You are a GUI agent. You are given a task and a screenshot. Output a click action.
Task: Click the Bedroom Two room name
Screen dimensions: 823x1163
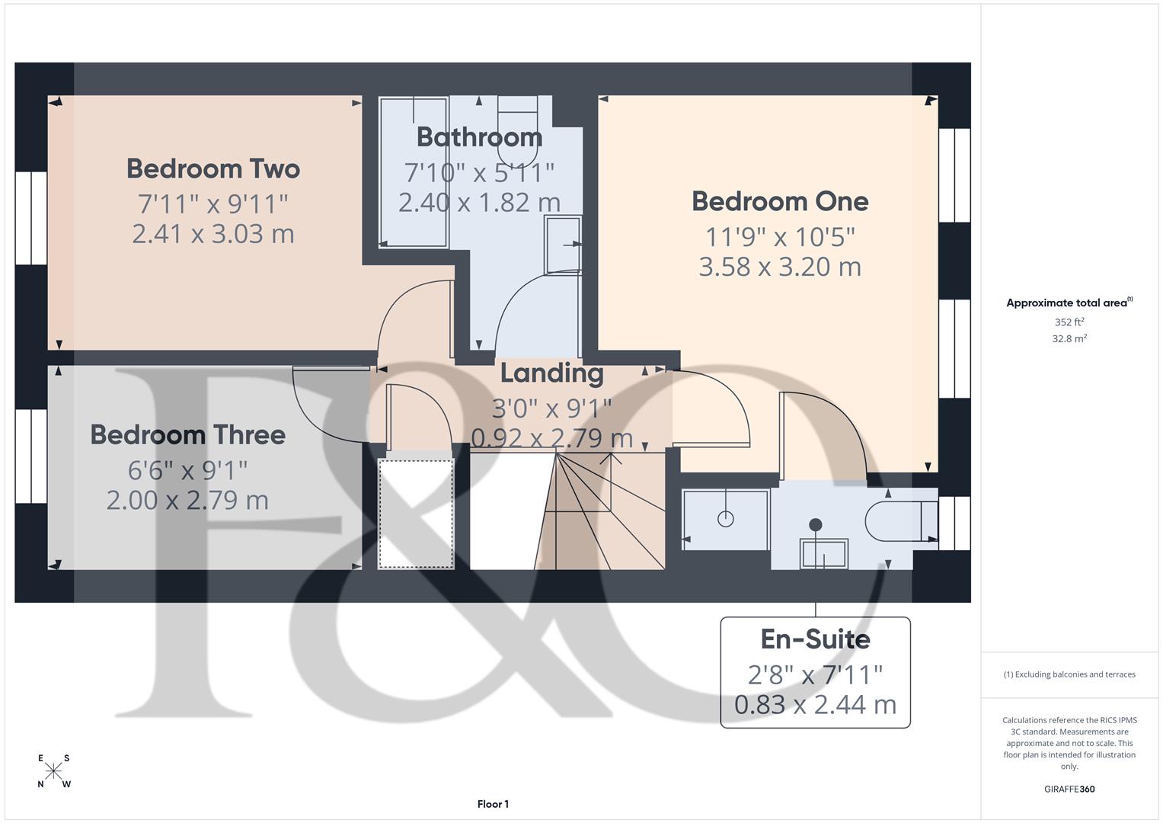213,168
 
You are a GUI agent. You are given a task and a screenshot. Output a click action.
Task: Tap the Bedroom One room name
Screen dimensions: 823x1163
780,201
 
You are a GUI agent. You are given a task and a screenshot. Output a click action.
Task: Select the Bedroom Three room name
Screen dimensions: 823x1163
188,434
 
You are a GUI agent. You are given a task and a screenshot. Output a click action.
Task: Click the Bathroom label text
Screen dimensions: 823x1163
479,137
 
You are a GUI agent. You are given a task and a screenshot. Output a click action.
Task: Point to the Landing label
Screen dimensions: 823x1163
551,373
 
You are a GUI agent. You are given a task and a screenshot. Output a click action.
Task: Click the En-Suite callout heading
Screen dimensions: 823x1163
815,639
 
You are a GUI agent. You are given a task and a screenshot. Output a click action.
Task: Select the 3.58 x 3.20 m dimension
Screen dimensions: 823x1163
780,267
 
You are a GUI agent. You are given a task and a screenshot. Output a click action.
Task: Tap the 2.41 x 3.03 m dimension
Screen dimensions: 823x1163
213,233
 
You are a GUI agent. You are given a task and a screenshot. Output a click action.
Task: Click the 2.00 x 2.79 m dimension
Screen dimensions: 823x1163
188,500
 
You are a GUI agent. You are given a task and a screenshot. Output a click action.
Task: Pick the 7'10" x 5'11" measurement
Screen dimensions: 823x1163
479,172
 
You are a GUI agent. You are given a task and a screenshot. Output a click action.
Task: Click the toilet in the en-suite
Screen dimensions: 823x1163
899,520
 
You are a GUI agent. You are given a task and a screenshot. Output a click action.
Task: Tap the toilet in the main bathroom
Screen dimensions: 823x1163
518,118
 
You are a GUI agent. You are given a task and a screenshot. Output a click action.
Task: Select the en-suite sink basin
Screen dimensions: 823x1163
823,553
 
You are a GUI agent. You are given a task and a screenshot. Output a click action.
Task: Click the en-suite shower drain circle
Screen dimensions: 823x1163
725,519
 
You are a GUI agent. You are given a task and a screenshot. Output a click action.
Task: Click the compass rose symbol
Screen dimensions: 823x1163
53,771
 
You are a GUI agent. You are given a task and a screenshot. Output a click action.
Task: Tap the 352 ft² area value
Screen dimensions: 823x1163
1069,322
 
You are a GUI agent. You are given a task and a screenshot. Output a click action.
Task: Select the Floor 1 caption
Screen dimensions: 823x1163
493,804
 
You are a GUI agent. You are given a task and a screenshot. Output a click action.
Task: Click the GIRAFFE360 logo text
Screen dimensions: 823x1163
1069,789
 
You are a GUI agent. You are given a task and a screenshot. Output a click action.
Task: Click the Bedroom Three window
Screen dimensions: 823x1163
32,456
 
